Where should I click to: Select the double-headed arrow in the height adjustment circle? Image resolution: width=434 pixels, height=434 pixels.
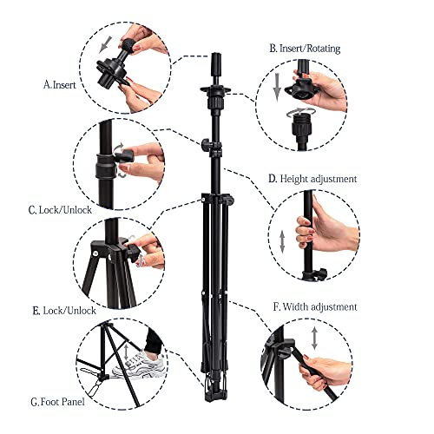coord(282,242)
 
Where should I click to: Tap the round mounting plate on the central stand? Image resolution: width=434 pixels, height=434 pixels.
coord(214,88)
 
